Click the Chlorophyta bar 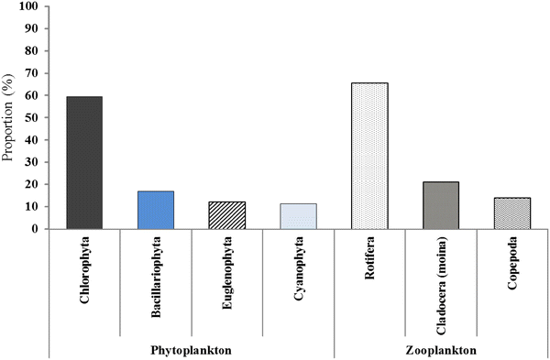click(x=84, y=163)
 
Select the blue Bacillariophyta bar click(x=156, y=210)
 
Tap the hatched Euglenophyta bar click(x=227, y=215)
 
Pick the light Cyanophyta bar click(x=299, y=216)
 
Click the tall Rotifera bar click(x=369, y=156)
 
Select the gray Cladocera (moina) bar click(x=441, y=205)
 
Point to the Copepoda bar click(x=512, y=213)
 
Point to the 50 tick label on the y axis click(x=33, y=118)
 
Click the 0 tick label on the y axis click(x=37, y=229)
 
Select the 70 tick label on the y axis click(x=33, y=73)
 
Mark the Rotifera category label click(x=369, y=263)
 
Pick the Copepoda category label click(x=512, y=267)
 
